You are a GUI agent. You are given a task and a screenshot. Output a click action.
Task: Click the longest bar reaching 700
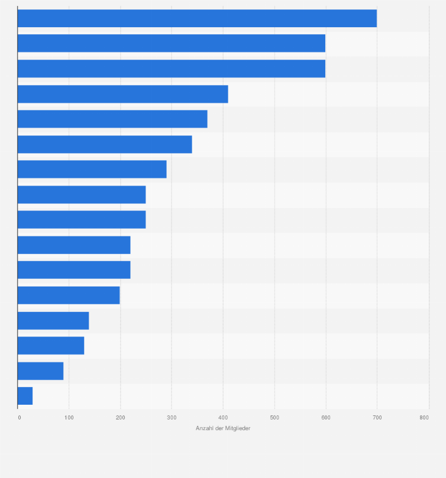tap(197, 18)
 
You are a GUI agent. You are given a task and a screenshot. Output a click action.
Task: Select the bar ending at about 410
tap(122, 94)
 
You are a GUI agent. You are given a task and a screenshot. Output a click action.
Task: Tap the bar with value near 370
tap(112, 119)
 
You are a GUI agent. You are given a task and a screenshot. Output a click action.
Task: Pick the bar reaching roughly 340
tap(105, 144)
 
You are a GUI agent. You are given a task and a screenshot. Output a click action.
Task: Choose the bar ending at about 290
tap(92, 169)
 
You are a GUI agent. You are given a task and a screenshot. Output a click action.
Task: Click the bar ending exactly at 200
tap(69, 295)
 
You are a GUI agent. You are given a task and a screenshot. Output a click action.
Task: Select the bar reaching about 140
tap(53, 320)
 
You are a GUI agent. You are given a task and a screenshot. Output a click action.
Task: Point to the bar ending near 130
tap(51, 346)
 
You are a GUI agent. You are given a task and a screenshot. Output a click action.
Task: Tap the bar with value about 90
tap(40, 370)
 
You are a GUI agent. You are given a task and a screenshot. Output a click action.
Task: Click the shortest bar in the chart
tap(25, 396)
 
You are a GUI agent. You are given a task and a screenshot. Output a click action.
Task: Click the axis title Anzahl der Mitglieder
tap(223, 428)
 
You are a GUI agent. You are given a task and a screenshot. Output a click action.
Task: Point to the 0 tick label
tap(19, 418)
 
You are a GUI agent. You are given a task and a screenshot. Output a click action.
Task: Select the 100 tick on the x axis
tap(69, 418)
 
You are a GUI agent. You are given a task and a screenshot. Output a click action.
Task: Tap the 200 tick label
tap(120, 418)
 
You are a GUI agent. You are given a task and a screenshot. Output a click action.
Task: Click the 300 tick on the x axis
tap(172, 418)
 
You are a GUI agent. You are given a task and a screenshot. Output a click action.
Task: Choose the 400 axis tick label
tap(223, 418)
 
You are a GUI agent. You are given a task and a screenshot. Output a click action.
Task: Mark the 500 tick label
tap(274, 418)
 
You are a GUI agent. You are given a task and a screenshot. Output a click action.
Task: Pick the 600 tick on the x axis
tap(325, 418)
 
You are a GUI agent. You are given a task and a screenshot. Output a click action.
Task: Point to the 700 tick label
tap(377, 418)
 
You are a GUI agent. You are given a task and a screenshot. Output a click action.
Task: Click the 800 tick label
tap(424, 418)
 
